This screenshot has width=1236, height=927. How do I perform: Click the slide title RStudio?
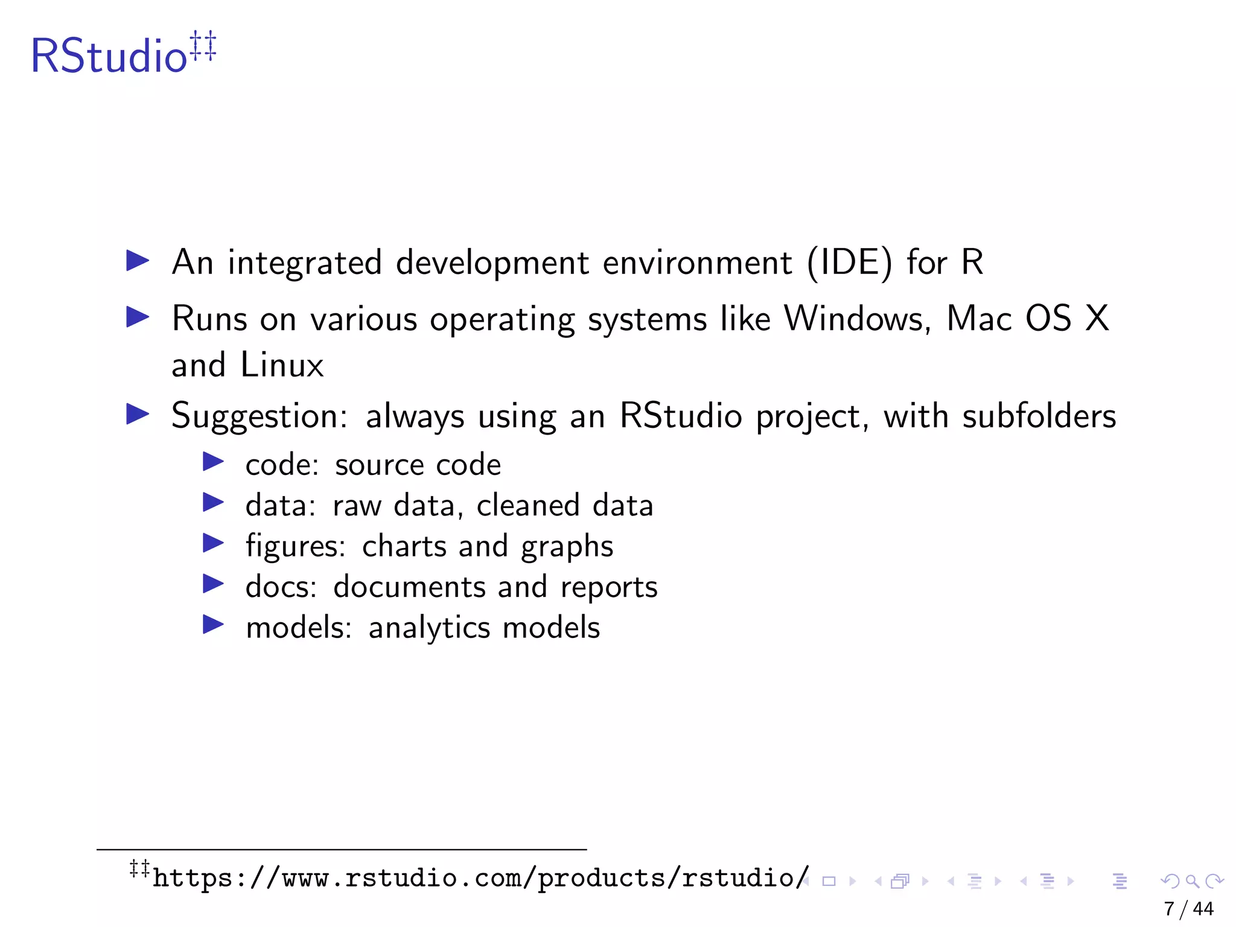(109, 56)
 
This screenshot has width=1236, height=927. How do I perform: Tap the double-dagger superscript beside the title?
(203, 46)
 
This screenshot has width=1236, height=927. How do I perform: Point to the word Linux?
(282, 366)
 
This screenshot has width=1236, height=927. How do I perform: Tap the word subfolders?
(1039, 416)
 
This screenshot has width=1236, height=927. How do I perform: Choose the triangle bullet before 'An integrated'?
(138, 261)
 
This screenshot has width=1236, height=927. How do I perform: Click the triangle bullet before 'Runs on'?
(138, 317)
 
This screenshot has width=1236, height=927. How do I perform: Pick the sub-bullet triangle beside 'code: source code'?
(213, 462)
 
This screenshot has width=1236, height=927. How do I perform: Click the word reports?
(609, 587)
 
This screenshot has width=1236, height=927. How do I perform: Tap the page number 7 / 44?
(1188, 909)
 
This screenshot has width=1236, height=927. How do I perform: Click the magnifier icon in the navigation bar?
(1192, 882)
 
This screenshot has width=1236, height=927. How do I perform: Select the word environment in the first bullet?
(697, 263)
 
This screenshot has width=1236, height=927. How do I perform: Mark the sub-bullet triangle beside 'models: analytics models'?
(213, 625)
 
